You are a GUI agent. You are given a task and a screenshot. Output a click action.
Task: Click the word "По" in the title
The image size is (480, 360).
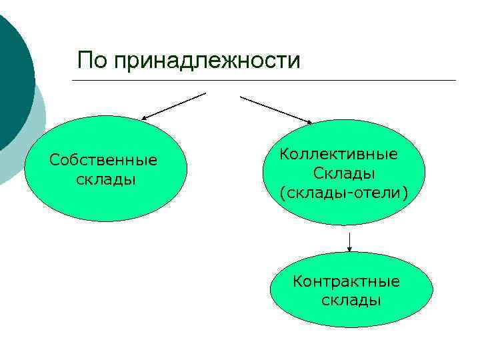[x=92, y=61]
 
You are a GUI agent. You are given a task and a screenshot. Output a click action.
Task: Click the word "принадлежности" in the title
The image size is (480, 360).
[x=207, y=61]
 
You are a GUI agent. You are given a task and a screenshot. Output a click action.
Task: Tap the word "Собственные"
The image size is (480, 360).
[x=103, y=161]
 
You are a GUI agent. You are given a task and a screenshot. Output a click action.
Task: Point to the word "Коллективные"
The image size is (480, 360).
[x=339, y=155]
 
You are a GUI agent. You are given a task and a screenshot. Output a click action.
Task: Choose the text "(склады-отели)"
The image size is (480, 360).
[x=343, y=193]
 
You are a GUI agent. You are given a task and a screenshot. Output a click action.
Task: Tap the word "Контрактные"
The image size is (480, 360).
[x=347, y=281]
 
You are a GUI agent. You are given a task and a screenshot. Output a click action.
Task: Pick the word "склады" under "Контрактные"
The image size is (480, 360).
[x=351, y=300]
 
